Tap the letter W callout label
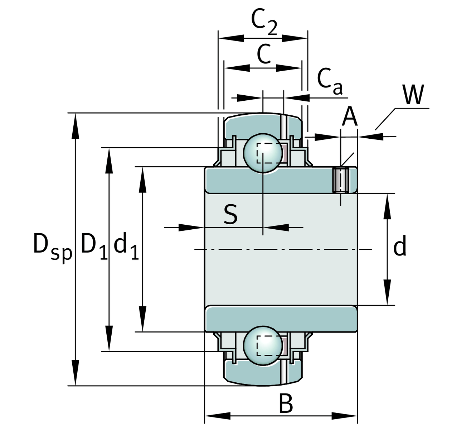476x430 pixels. click(413, 95)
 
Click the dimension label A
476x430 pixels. click(349, 117)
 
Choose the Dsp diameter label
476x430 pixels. click(52, 246)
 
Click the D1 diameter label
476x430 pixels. click(94, 245)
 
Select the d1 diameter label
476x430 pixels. click(126, 246)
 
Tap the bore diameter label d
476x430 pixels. click(400, 247)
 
